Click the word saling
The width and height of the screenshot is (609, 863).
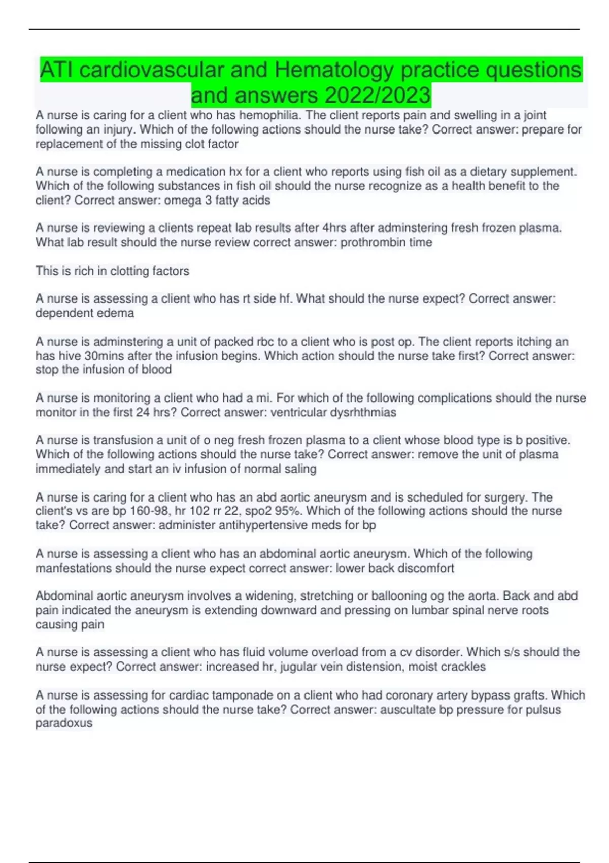coord(299,469)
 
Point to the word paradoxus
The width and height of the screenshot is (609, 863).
coord(64,723)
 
